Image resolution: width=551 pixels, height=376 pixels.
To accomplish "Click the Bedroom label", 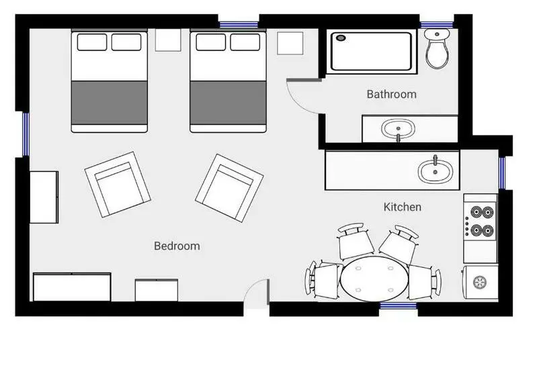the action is point(177,246).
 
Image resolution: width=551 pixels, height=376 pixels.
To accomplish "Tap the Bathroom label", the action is point(392,94).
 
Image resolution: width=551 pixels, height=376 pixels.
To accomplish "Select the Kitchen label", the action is point(402,207).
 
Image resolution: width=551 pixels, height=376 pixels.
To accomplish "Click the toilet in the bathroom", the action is point(437,48).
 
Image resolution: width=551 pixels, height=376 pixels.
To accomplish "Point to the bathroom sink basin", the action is point(398,129).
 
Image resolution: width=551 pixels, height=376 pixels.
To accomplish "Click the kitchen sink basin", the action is point(435,171).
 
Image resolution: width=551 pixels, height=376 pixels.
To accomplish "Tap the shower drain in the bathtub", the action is point(341,38).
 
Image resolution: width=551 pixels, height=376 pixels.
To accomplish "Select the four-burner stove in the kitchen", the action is point(480,221).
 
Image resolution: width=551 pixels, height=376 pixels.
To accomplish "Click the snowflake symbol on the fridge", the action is point(479,282).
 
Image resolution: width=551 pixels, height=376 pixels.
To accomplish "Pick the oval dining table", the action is point(374,279).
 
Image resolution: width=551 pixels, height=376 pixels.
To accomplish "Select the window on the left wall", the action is point(26,134).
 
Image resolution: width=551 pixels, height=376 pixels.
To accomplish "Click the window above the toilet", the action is point(437,25).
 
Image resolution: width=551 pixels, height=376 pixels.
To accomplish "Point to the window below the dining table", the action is point(398,305).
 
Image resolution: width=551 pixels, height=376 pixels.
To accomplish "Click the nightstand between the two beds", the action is point(168,40).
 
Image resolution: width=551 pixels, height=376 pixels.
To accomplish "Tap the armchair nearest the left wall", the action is point(118,185).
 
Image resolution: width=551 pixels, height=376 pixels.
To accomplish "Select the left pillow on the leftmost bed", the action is point(92,42).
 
